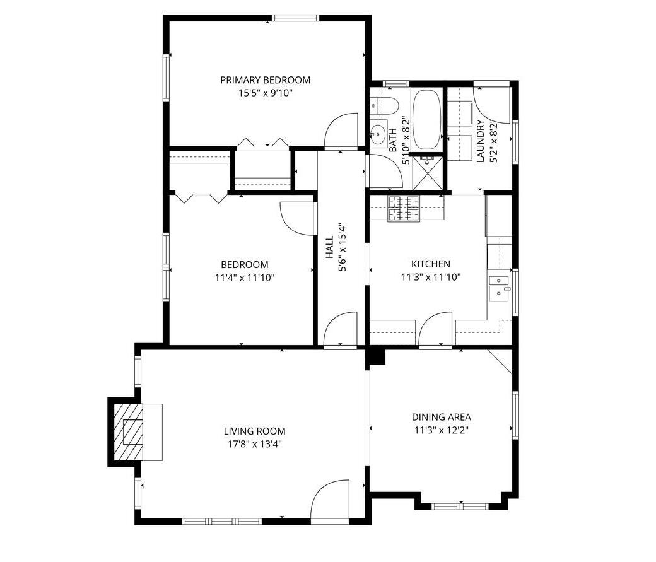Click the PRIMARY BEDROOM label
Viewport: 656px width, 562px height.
pos(265,80)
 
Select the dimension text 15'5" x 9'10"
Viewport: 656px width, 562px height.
pos(265,93)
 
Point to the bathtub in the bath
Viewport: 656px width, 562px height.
pos(427,119)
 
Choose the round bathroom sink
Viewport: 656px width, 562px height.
pos(378,134)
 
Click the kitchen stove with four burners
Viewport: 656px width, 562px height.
pos(404,209)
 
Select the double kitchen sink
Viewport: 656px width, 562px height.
pos(500,286)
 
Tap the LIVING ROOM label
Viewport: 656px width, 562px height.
pos(254,431)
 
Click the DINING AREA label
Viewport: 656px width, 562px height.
pos(441,417)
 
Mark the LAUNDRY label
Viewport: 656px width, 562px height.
pos(481,141)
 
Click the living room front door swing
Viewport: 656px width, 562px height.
pos(331,500)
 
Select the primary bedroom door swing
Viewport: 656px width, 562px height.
pos(341,131)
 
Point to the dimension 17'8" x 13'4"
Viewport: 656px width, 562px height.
pos(254,443)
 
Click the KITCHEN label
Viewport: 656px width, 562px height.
pos(431,264)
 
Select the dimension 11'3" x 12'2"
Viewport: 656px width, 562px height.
pos(441,430)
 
